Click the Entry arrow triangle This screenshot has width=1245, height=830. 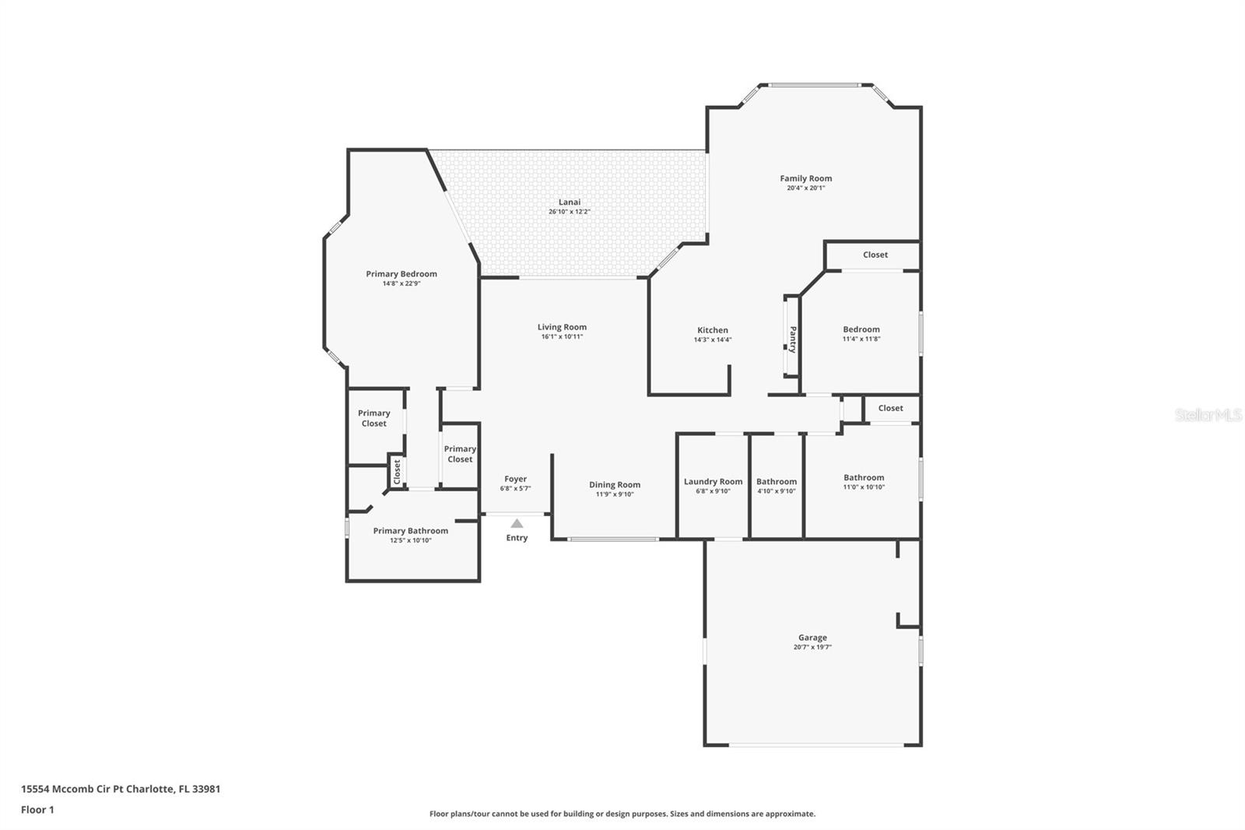[517, 523]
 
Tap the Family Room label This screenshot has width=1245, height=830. [806, 178]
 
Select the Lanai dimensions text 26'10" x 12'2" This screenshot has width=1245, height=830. [569, 212]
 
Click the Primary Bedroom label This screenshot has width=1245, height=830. [402, 274]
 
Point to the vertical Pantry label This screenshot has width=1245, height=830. [793, 339]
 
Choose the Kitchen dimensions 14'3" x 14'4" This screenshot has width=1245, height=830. [713, 339]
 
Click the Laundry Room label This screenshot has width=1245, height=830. [713, 482]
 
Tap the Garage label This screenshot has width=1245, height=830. [812, 638]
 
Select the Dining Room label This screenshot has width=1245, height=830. [615, 484]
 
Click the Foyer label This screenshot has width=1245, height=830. [515, 479]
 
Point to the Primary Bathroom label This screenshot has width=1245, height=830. [411, 531]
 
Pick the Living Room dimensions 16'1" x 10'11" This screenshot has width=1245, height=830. [562, 336]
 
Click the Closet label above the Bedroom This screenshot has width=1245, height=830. [875, 255]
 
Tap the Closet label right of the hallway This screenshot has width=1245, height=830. [890, 408]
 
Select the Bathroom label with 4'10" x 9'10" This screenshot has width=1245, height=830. [777, 482]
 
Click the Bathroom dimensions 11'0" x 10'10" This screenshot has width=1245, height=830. [864, 487]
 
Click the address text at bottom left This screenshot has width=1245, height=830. [121, 789]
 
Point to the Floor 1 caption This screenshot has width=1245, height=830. [38, 810]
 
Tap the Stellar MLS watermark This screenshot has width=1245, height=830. [1208, 415]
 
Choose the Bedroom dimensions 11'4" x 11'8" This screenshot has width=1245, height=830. [861, 339]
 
